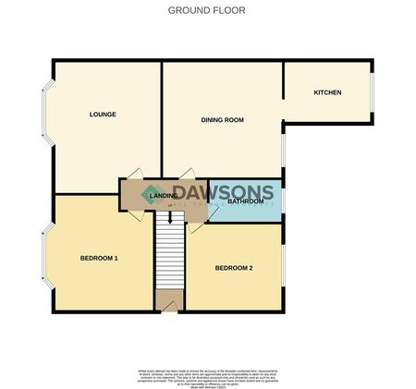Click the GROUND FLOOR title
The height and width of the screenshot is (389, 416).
(x=207, y=10)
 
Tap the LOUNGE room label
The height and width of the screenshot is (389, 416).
(x=102, y=115)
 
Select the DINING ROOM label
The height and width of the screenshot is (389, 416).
(x=222, y=120)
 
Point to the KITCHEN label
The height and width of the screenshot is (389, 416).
(x=327, y=92)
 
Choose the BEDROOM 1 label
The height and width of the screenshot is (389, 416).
(x=99, y=258)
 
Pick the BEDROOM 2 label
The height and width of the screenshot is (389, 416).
(x=234, y=268)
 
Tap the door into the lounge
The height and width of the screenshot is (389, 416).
(x=133, y=175)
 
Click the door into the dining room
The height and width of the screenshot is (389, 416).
(x=188, y=175)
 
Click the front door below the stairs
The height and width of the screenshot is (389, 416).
(x=168, y=300)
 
